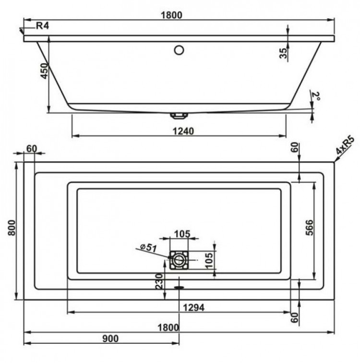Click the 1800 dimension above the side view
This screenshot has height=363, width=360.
172,15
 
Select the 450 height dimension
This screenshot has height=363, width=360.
44,71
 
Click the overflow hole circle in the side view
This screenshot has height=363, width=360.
179,49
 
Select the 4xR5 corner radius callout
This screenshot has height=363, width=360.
345,146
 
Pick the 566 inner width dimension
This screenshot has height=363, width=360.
309,230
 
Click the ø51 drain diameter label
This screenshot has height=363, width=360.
149,247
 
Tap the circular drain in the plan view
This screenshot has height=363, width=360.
179,260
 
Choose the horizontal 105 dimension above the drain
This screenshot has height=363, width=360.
181,234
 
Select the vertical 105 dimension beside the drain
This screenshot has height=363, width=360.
209,260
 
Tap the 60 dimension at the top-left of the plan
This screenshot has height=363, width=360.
31,149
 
